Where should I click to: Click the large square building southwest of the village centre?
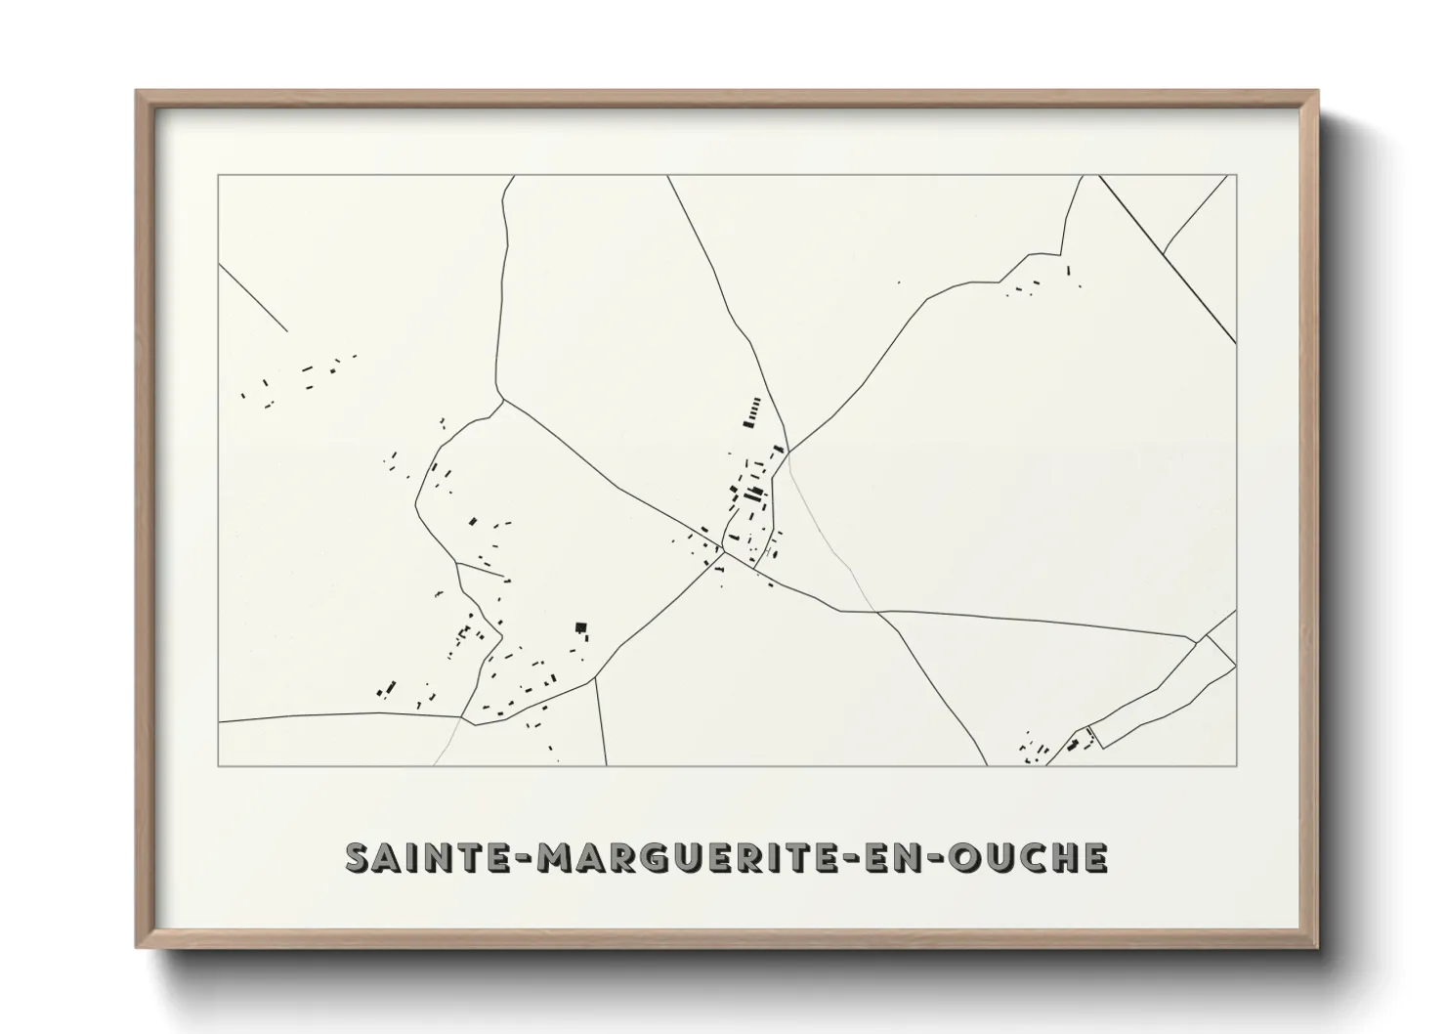(580, 628)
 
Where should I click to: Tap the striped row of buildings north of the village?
(752, 412)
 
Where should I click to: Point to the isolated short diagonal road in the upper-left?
(252, 297)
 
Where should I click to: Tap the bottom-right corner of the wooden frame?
(1316, 948)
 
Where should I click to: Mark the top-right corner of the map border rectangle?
(1236, 176)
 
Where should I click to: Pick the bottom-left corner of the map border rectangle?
(218, 765)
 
